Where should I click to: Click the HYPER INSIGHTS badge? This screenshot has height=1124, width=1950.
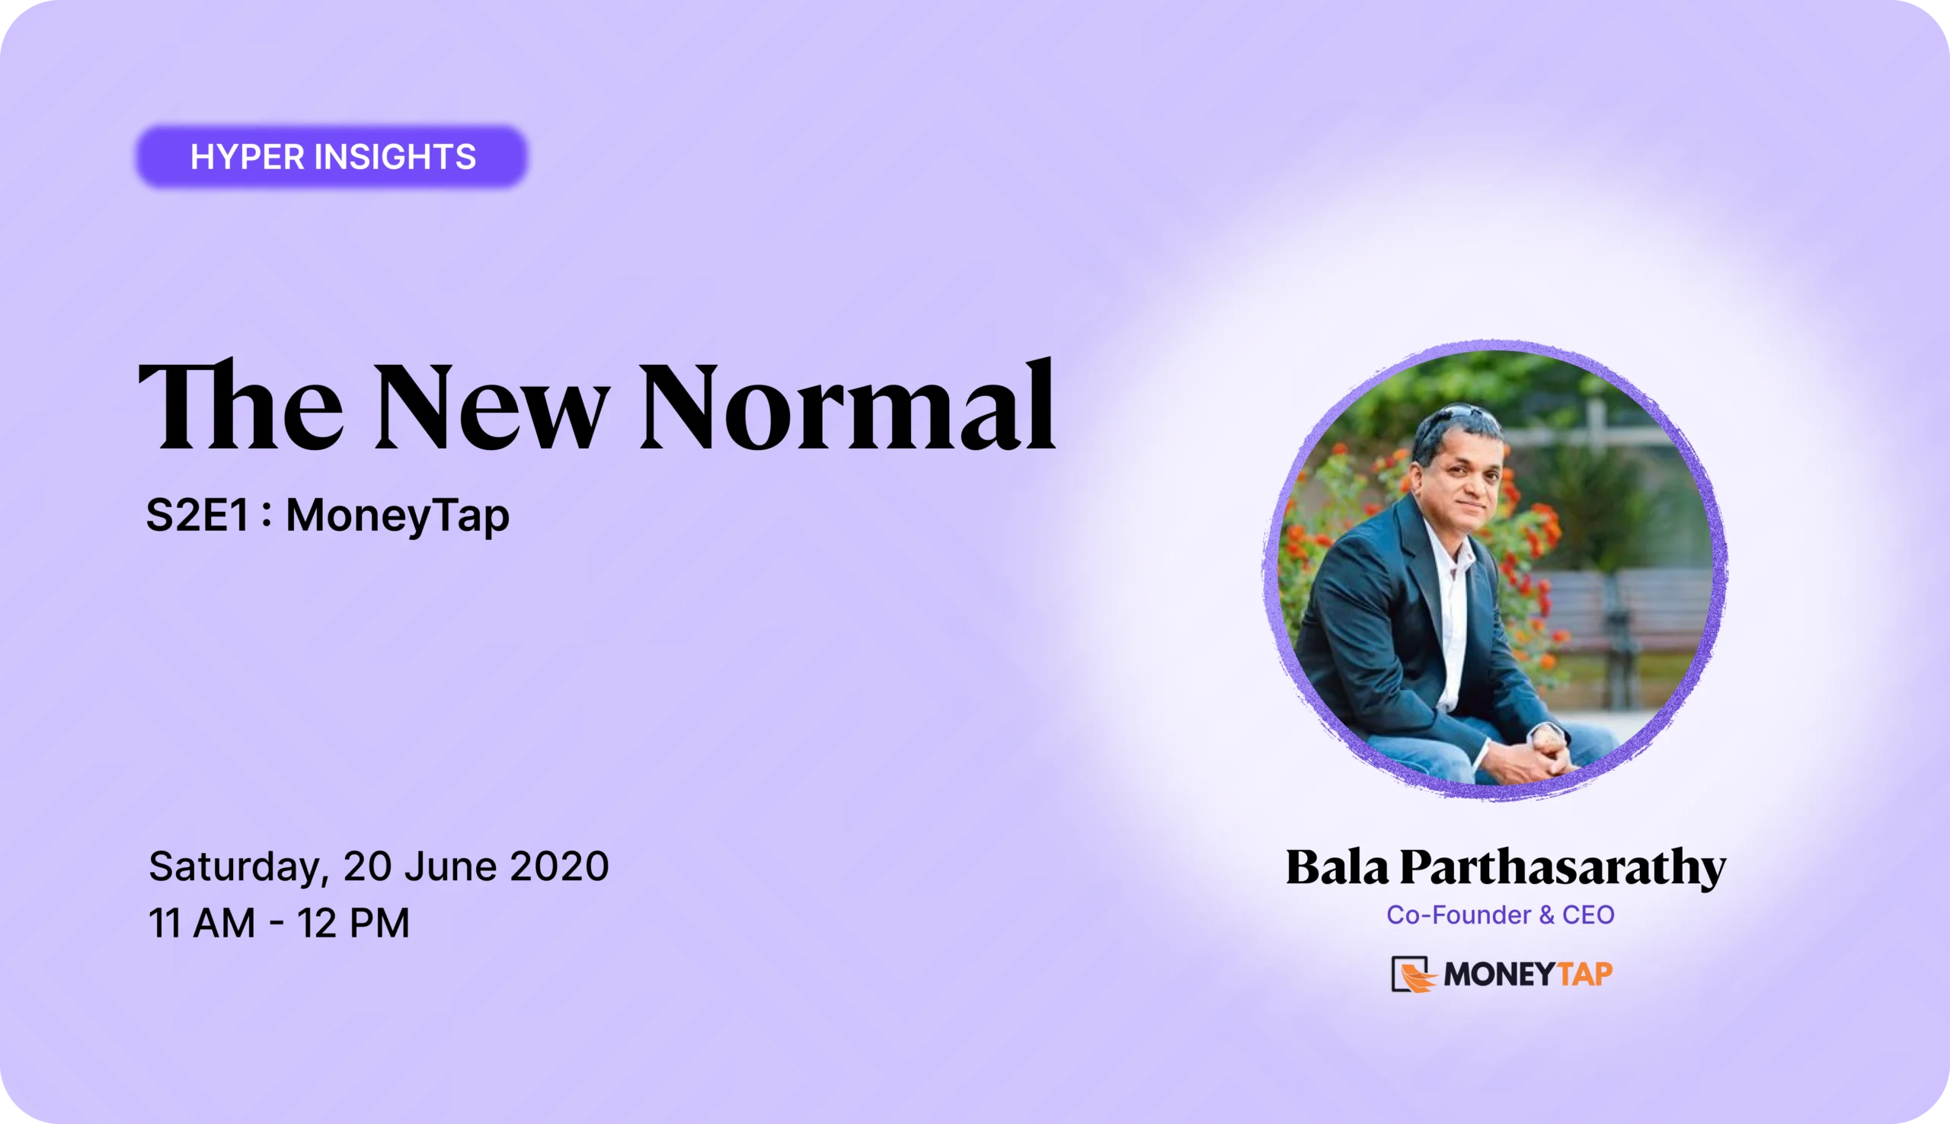(x=332, y=157)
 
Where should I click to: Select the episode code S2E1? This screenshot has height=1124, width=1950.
(x=197, y=515)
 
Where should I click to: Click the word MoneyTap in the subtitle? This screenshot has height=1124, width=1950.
(x=398, y=516)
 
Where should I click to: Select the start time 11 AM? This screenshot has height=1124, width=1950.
(x=202, y=922)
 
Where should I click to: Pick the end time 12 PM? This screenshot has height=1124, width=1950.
(x=353, y=922)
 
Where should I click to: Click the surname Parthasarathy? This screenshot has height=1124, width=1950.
(x=1562, y=868)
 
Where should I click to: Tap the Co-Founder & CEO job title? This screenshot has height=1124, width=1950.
(x=1500, y=915)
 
